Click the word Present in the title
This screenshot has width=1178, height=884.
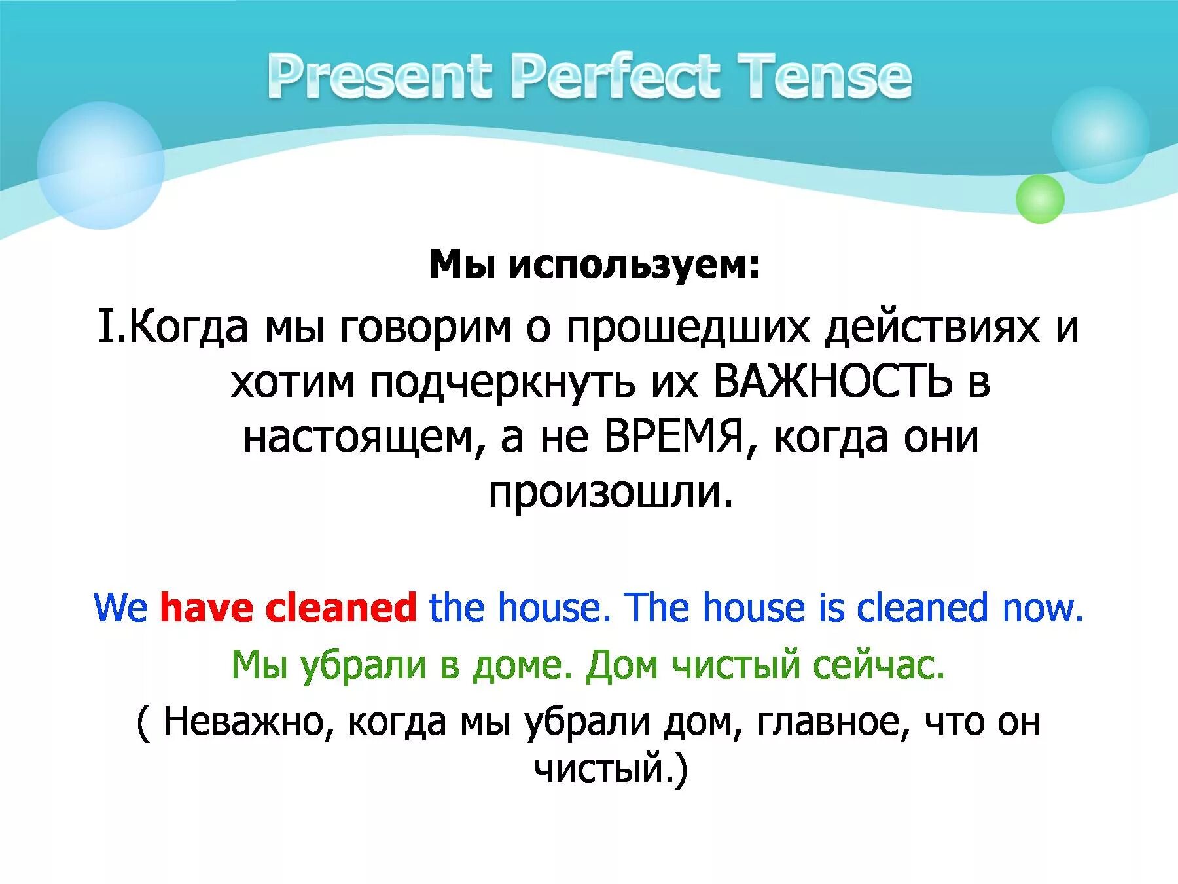click(380, 77)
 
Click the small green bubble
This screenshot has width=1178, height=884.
click(1039, 199)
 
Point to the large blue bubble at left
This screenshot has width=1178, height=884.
click(100, 166)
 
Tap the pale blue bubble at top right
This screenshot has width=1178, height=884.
click(1100, 134)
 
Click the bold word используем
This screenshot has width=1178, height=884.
click(635, 265)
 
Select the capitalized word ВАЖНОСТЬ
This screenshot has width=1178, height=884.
click(832, 382)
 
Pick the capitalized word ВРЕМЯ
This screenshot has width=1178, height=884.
click(674, 437)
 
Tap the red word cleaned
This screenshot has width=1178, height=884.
click(340, 608)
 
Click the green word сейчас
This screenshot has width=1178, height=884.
click(879, 665)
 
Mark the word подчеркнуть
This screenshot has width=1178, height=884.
click(503, 382)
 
